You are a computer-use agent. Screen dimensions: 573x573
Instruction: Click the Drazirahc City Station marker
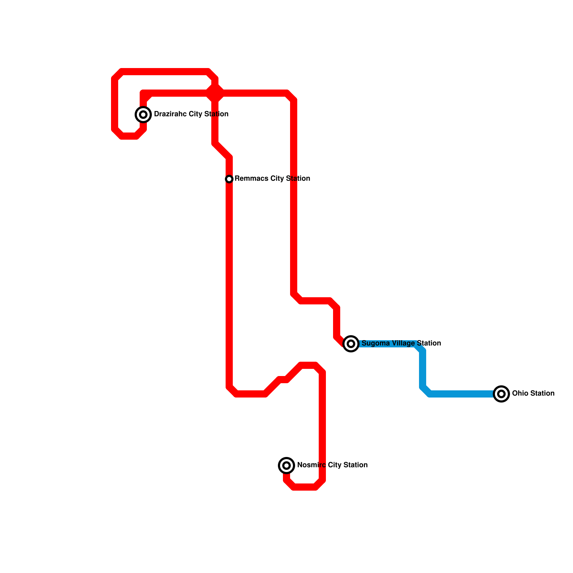tap(143, 115)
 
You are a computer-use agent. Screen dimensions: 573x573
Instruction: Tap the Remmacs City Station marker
tap(229, 179)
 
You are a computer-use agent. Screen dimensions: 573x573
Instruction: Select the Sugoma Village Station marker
tap(351, 344)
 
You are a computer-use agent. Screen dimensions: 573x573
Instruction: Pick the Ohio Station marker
tap(501, 394)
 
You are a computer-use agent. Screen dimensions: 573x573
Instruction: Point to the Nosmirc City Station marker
tap(286, 465)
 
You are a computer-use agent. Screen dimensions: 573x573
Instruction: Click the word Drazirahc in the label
tap(170, 114)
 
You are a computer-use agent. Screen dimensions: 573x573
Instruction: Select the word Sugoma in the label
tap(376, 343)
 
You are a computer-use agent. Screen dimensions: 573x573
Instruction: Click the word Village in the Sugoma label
tap(403, 343)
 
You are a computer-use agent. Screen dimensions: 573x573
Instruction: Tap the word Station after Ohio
tap(541, 393)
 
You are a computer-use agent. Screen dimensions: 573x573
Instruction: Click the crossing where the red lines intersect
tap(215, 94)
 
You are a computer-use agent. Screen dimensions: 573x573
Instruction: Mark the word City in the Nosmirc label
tap(334, 465)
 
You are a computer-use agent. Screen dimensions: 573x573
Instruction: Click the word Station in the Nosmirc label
tap(355, 465)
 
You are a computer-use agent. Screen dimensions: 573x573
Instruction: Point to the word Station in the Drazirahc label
tap(216, 114)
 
